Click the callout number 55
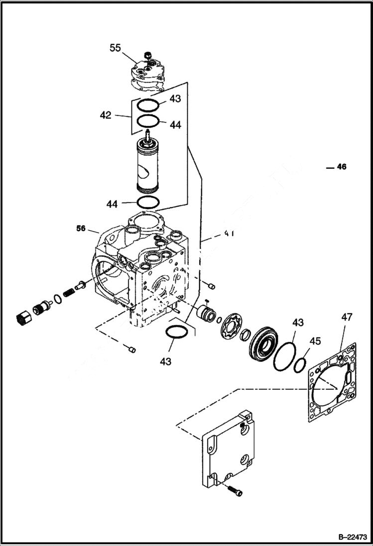[115, 48]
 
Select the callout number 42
[105, 115]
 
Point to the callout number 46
[341, 167]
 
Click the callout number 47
[347, 317]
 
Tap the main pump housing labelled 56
[144, 269]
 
